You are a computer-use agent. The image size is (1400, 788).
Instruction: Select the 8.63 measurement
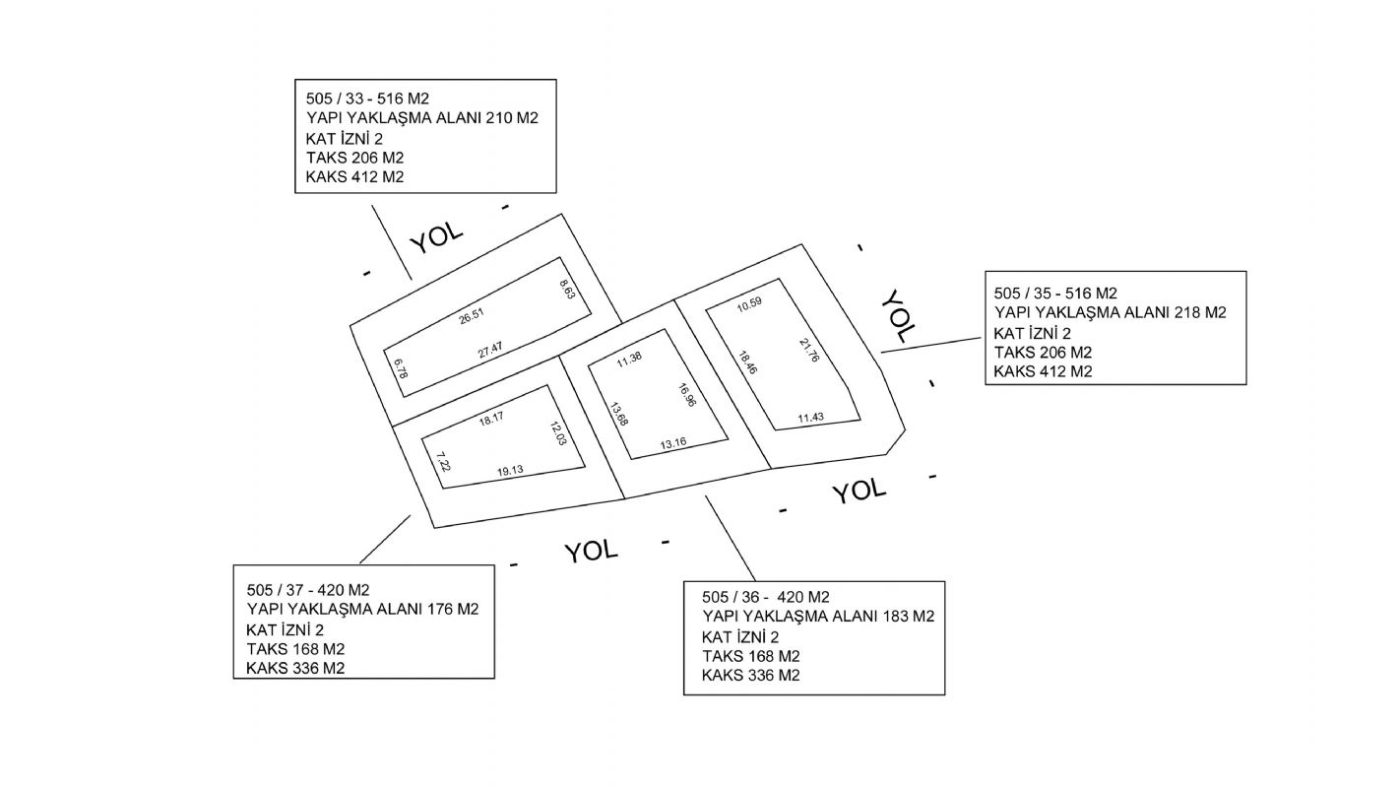[566, 292]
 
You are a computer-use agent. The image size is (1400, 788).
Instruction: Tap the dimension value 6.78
[401, 370]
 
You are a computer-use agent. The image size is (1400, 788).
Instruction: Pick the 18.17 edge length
[491, 419]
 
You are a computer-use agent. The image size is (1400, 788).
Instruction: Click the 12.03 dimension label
[557, 433]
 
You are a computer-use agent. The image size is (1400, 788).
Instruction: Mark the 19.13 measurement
[510, 471]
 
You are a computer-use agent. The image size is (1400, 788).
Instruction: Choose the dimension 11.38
[629, 357]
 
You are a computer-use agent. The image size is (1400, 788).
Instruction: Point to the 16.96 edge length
[687, 394]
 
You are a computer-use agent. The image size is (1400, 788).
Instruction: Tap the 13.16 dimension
[673, 443]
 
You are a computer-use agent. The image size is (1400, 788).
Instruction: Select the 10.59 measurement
[749, 303]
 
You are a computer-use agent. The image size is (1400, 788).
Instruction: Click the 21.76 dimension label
[809, 351]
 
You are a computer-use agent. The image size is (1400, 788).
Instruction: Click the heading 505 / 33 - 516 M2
[368, 99]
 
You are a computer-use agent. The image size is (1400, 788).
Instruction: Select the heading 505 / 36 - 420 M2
[766, 597]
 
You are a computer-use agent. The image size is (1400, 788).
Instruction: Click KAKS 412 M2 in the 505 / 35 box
[1044, 372]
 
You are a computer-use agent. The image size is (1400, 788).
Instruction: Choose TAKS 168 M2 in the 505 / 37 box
[295, 649]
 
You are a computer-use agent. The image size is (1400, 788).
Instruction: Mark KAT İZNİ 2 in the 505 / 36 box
[740, 636]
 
